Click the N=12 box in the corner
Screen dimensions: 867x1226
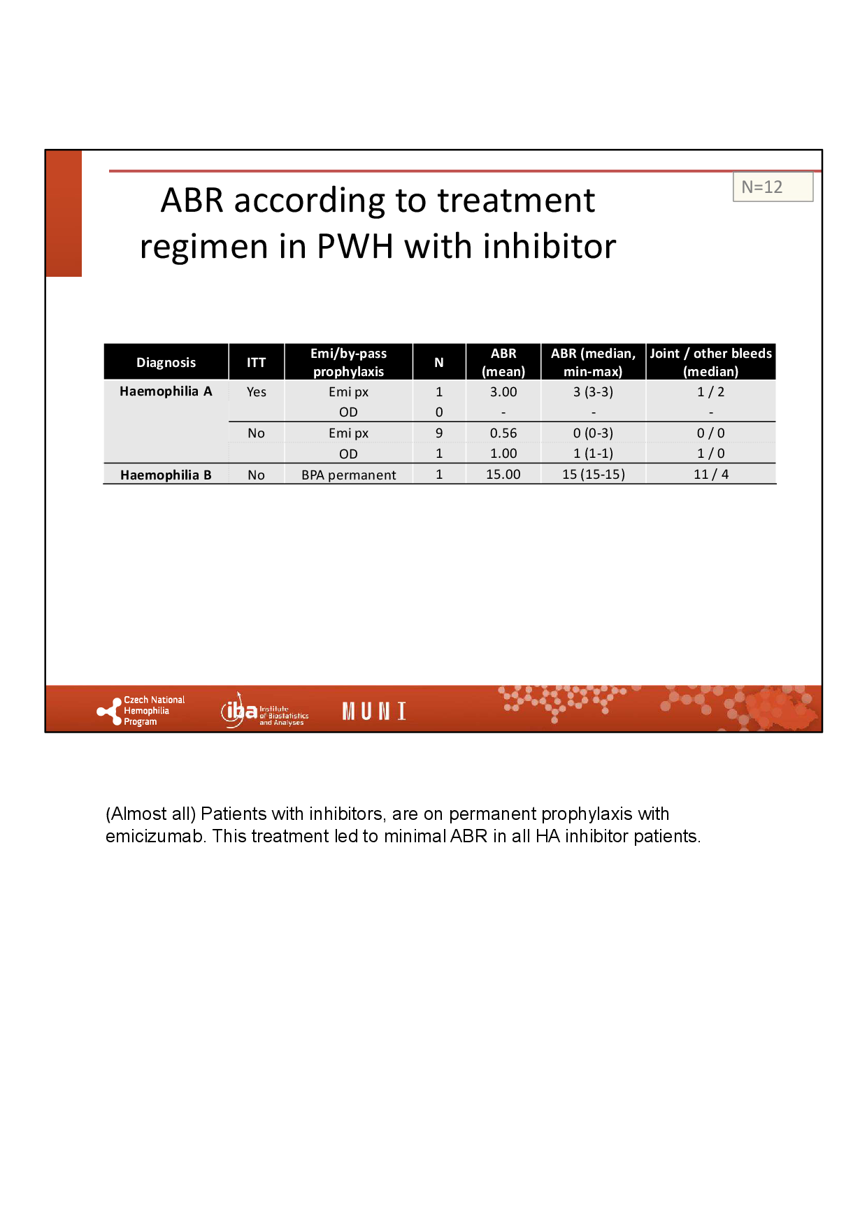(x=773, y=187)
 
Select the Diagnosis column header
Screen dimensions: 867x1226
(x=166, y=362)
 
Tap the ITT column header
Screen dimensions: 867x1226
(x=256, y=362)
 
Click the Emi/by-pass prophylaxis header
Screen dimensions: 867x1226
(x=348, y=362)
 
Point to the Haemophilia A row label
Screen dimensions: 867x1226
(x=166, y=391)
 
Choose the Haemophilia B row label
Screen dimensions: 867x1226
(x=166, y=475)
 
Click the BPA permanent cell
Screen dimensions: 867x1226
(x=348, y=475)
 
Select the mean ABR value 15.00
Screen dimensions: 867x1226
(x=503, y=474)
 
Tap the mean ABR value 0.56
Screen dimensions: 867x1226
(x=503, y=433)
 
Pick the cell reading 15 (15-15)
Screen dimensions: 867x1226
(x=594, y=474)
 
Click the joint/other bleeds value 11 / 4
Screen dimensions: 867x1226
(x=711, y=474)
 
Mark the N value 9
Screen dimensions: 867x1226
(x=439, y=433)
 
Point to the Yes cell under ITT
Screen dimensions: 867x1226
(x=256, y=391)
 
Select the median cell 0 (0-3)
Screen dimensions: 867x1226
(x=594, y=433)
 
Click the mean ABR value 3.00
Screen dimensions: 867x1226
(x=503, y=391)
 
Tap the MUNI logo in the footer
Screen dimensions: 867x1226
(x=374, y=712)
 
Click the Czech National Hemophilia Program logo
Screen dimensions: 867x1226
(x=141, y=711)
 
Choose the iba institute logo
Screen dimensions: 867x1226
(x=264, y=711)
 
